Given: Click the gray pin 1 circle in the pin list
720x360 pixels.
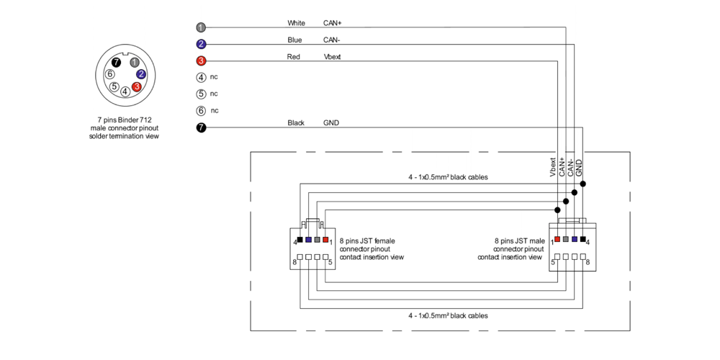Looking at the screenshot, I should pyautogui.click(x=201, y=27).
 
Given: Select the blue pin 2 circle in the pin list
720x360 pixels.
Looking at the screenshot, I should pyautogui.click(x=201, y=44).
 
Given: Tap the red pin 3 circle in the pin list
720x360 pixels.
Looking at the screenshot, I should pyautogui.click(x=201, y=60).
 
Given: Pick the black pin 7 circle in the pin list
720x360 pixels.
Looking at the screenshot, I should pyautogui.click(x=201, y=127).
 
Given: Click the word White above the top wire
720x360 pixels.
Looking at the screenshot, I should pyautogui.click(x=296, y=23).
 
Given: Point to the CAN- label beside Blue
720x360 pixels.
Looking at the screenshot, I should pyautogui.click(x=332, y=40).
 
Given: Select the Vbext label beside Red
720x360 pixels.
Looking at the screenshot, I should pyautogui.click(x=332, y=56).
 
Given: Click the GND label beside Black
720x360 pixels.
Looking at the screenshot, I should pyautogui.click(x=331, y=123).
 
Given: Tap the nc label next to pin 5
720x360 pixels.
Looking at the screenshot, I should pyautogui.click(x=214, y=94).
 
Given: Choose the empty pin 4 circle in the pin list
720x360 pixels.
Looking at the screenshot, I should pyautogui.click(x=201, y=77).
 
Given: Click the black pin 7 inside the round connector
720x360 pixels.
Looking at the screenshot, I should pyautogui.click(x=116, y=63).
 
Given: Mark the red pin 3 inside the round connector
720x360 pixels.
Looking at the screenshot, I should pyautogui.click(x=136, y=86).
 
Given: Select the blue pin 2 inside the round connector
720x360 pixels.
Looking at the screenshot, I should pyautogui.click(x=141, y=74).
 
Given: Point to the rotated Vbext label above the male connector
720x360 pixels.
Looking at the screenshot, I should pyautogui.click(x=553, y=167).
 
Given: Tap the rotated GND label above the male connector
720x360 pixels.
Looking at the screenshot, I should pyautogui.click(x=579, y=168).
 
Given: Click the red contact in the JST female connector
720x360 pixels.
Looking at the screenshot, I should pyautogui.click(x=325, y=239).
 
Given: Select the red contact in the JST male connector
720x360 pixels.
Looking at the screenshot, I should pyautogui.click(x=557, y=239).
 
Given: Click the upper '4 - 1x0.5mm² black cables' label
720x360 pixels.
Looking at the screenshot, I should pyautogui.click(x=448, y=176).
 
